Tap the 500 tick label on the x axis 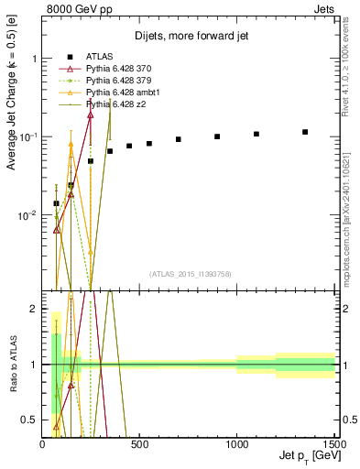coord(139,444)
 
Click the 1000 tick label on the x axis coord(236,444)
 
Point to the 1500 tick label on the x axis coord(333,444)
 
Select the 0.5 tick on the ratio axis coord(30,420)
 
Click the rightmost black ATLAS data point coord(305,132)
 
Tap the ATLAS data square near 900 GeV coord(217,136)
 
